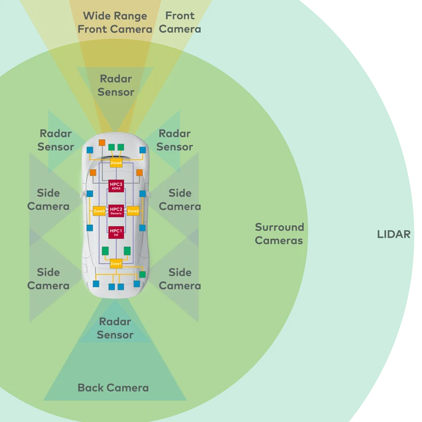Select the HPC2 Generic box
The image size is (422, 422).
coord(116,211)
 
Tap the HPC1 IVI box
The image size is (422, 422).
coord(116,232)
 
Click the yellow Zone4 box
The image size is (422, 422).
coord(116,162)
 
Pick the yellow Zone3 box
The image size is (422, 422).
coord(99,211)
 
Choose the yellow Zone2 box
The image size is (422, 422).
coord(133,211)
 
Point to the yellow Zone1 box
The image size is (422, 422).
coord(116,264)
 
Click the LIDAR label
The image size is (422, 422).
coord(393,234)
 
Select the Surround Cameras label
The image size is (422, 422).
coord(279,234)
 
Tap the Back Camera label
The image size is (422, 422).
coord(113,388)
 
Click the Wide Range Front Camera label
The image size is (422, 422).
coord(115,23)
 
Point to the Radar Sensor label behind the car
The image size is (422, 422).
coord(115,328)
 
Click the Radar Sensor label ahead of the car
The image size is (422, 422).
coord(116,85)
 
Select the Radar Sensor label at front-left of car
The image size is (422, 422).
coord(56,140)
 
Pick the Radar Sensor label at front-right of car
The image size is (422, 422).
coord(175,140)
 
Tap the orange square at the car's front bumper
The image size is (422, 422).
coord(102,143)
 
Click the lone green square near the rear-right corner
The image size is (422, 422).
coord(142,274)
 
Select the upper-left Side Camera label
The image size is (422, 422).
coord(48,200)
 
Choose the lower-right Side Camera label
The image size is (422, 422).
coord(180,279)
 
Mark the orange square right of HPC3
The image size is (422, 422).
coord(139,173)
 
